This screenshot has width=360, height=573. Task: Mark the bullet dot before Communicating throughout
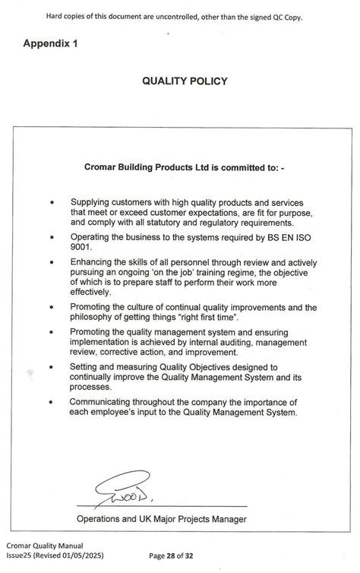tap(52, 402)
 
